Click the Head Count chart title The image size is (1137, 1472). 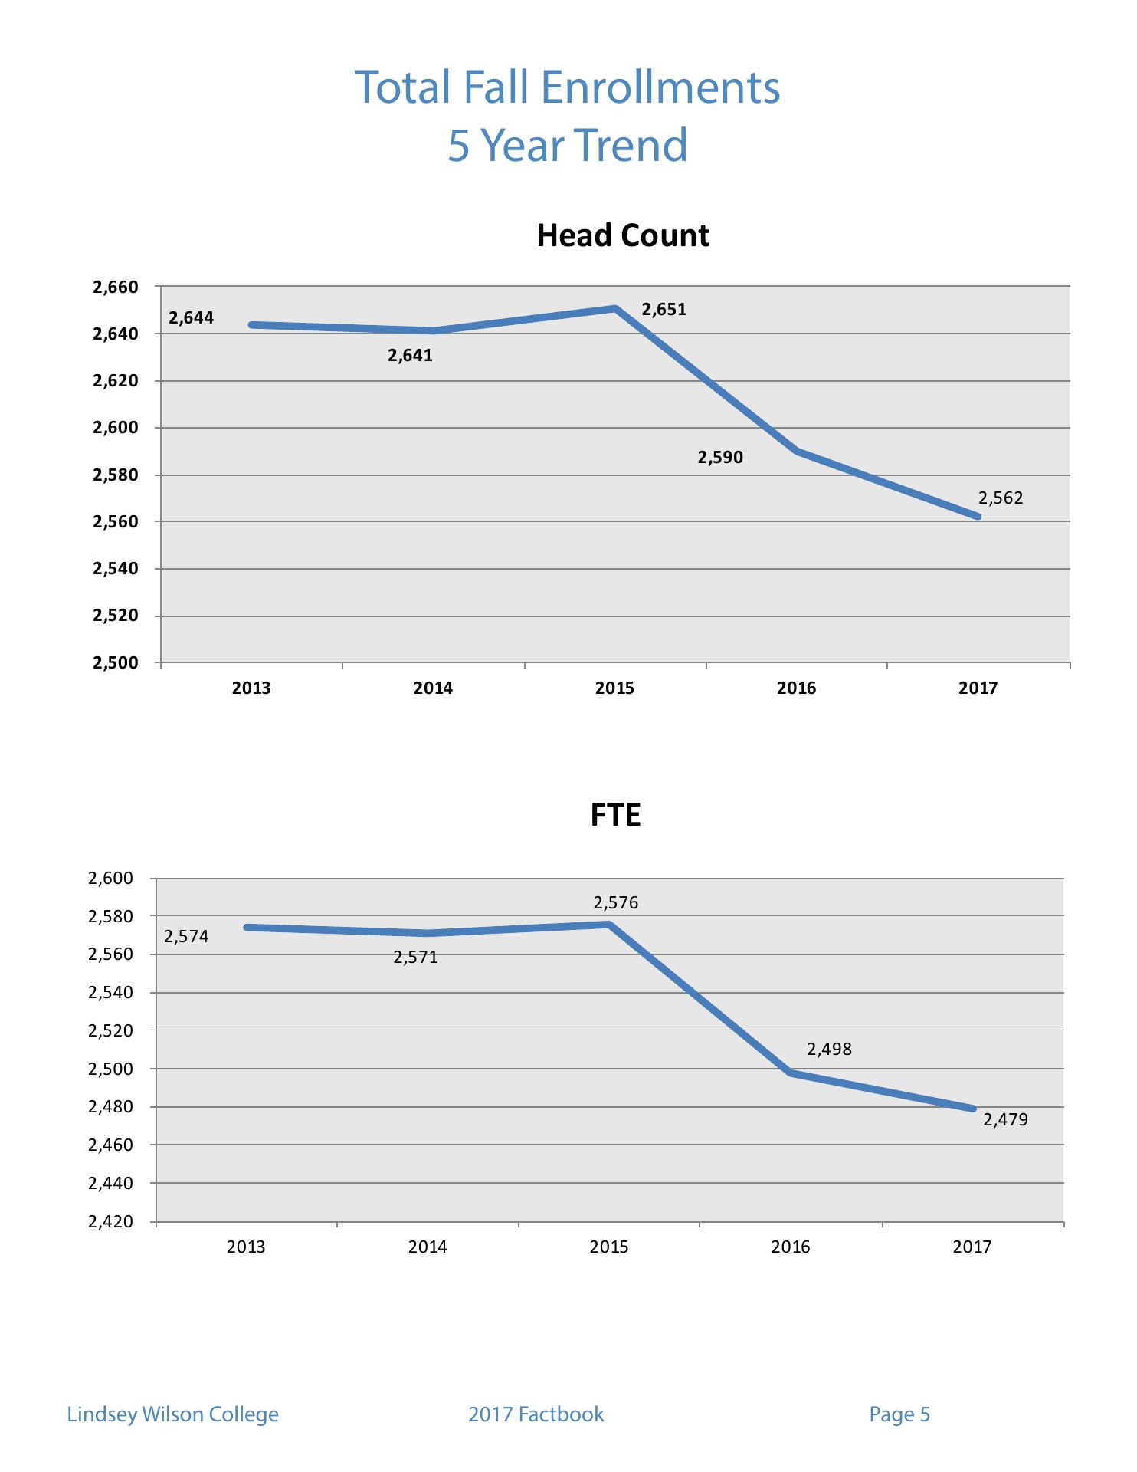[623, 235]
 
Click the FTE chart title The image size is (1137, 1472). [615, 815]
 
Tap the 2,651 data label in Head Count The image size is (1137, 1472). [664, 310]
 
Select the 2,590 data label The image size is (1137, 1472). [719, 458]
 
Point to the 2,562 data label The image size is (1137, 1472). [1001, 498]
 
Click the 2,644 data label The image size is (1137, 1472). [191, 317]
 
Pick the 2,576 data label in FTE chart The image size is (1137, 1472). [615, 903]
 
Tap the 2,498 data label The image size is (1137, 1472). [829, 1050]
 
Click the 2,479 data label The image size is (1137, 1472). [1005, 1120]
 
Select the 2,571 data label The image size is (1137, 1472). [415, 958]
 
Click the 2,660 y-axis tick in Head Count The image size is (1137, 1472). [115, 287]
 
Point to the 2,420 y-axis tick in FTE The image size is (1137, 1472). [110, 1222]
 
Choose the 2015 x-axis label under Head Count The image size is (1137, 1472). [614, 688]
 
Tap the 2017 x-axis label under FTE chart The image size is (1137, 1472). [972, 1247]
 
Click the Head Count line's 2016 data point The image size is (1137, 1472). [798, 451]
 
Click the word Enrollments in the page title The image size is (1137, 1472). [660, 87]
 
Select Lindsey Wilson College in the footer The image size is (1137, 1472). [173, 1414]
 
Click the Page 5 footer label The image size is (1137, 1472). [899, 1414]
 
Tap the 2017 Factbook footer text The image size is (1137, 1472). [536, 1414]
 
